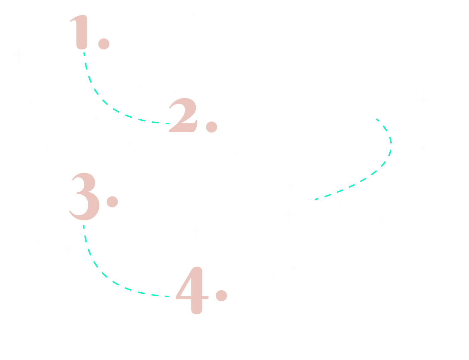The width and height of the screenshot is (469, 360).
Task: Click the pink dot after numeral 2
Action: [x=212, y=127]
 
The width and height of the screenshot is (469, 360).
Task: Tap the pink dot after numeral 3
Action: [x=112, y=202]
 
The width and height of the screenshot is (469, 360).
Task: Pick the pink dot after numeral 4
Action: [x=221, y=295]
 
